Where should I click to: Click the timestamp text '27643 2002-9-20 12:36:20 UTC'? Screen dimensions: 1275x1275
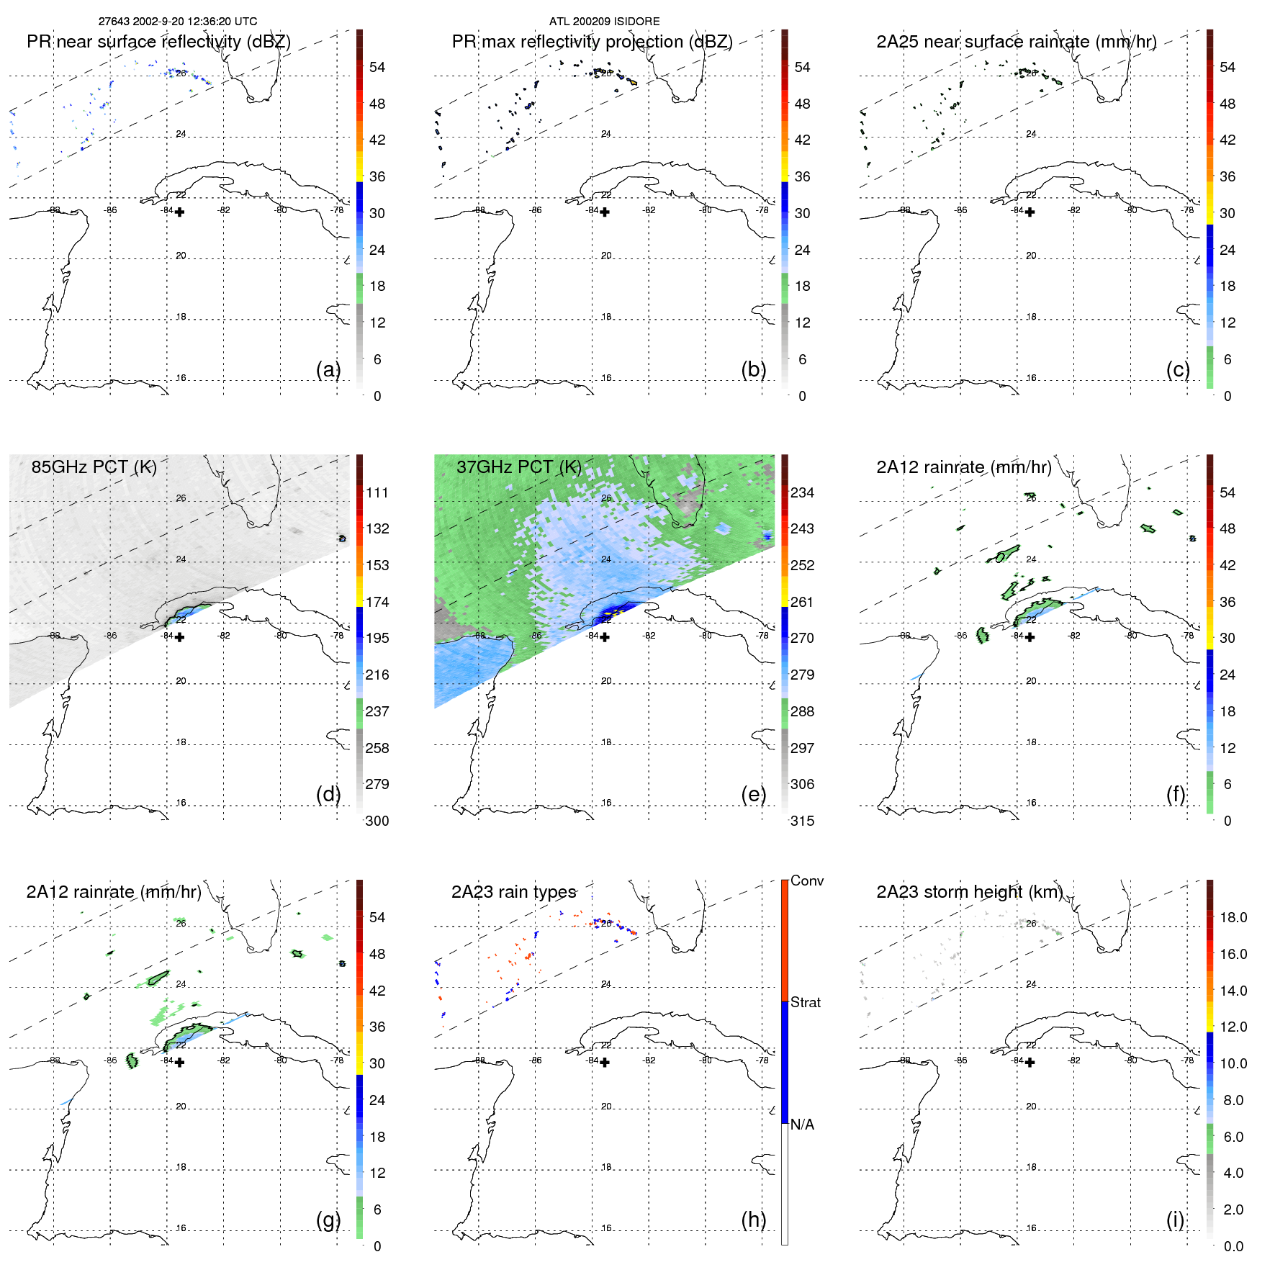point(177,22)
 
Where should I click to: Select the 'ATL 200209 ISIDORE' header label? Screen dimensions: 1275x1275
point(604,22)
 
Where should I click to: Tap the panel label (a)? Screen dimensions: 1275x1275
point(328,369)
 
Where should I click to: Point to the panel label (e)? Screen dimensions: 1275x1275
point(753,794)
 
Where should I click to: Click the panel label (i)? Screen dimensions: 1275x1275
point(1175,1220)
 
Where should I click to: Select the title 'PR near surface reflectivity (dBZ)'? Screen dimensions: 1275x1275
point(158,42)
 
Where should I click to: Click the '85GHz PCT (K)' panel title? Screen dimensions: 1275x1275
point(94,467)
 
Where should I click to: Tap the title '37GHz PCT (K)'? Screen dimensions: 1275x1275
point(518,467)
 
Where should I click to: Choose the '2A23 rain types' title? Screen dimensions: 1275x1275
point(513,892)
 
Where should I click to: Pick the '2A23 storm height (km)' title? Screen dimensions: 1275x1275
point(969,892)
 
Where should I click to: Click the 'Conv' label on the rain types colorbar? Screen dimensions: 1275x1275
point(806,880)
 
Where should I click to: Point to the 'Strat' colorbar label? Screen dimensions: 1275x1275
point(805,1002)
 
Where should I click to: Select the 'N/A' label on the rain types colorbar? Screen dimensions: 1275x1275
point(802,1125)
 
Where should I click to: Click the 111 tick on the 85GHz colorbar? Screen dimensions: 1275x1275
point(377,492)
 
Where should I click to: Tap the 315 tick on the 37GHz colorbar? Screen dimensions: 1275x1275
point(802,821)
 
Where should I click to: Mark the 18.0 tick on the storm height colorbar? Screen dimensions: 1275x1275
point(1233,917)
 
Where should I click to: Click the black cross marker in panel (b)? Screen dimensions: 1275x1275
point(605,212)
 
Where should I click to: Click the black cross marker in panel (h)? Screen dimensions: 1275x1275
point(605,1062)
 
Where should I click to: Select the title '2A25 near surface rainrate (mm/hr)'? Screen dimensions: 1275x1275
point(1016,42)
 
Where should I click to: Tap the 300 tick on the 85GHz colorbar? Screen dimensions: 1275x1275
point(377,821)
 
